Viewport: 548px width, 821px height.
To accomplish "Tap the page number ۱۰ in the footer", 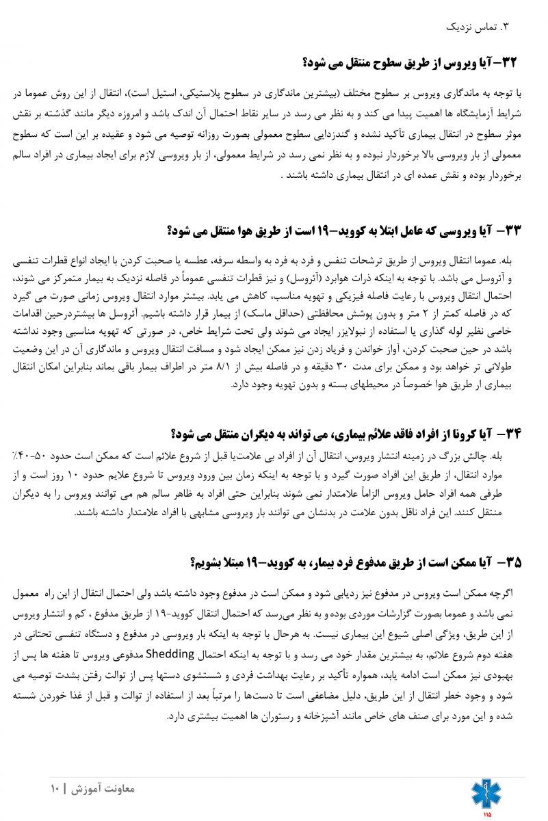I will [x=55, y=789].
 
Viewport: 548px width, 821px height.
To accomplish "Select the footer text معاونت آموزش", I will [x=105, y=789].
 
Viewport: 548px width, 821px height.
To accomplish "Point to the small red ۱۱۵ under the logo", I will [x=486, y=814].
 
